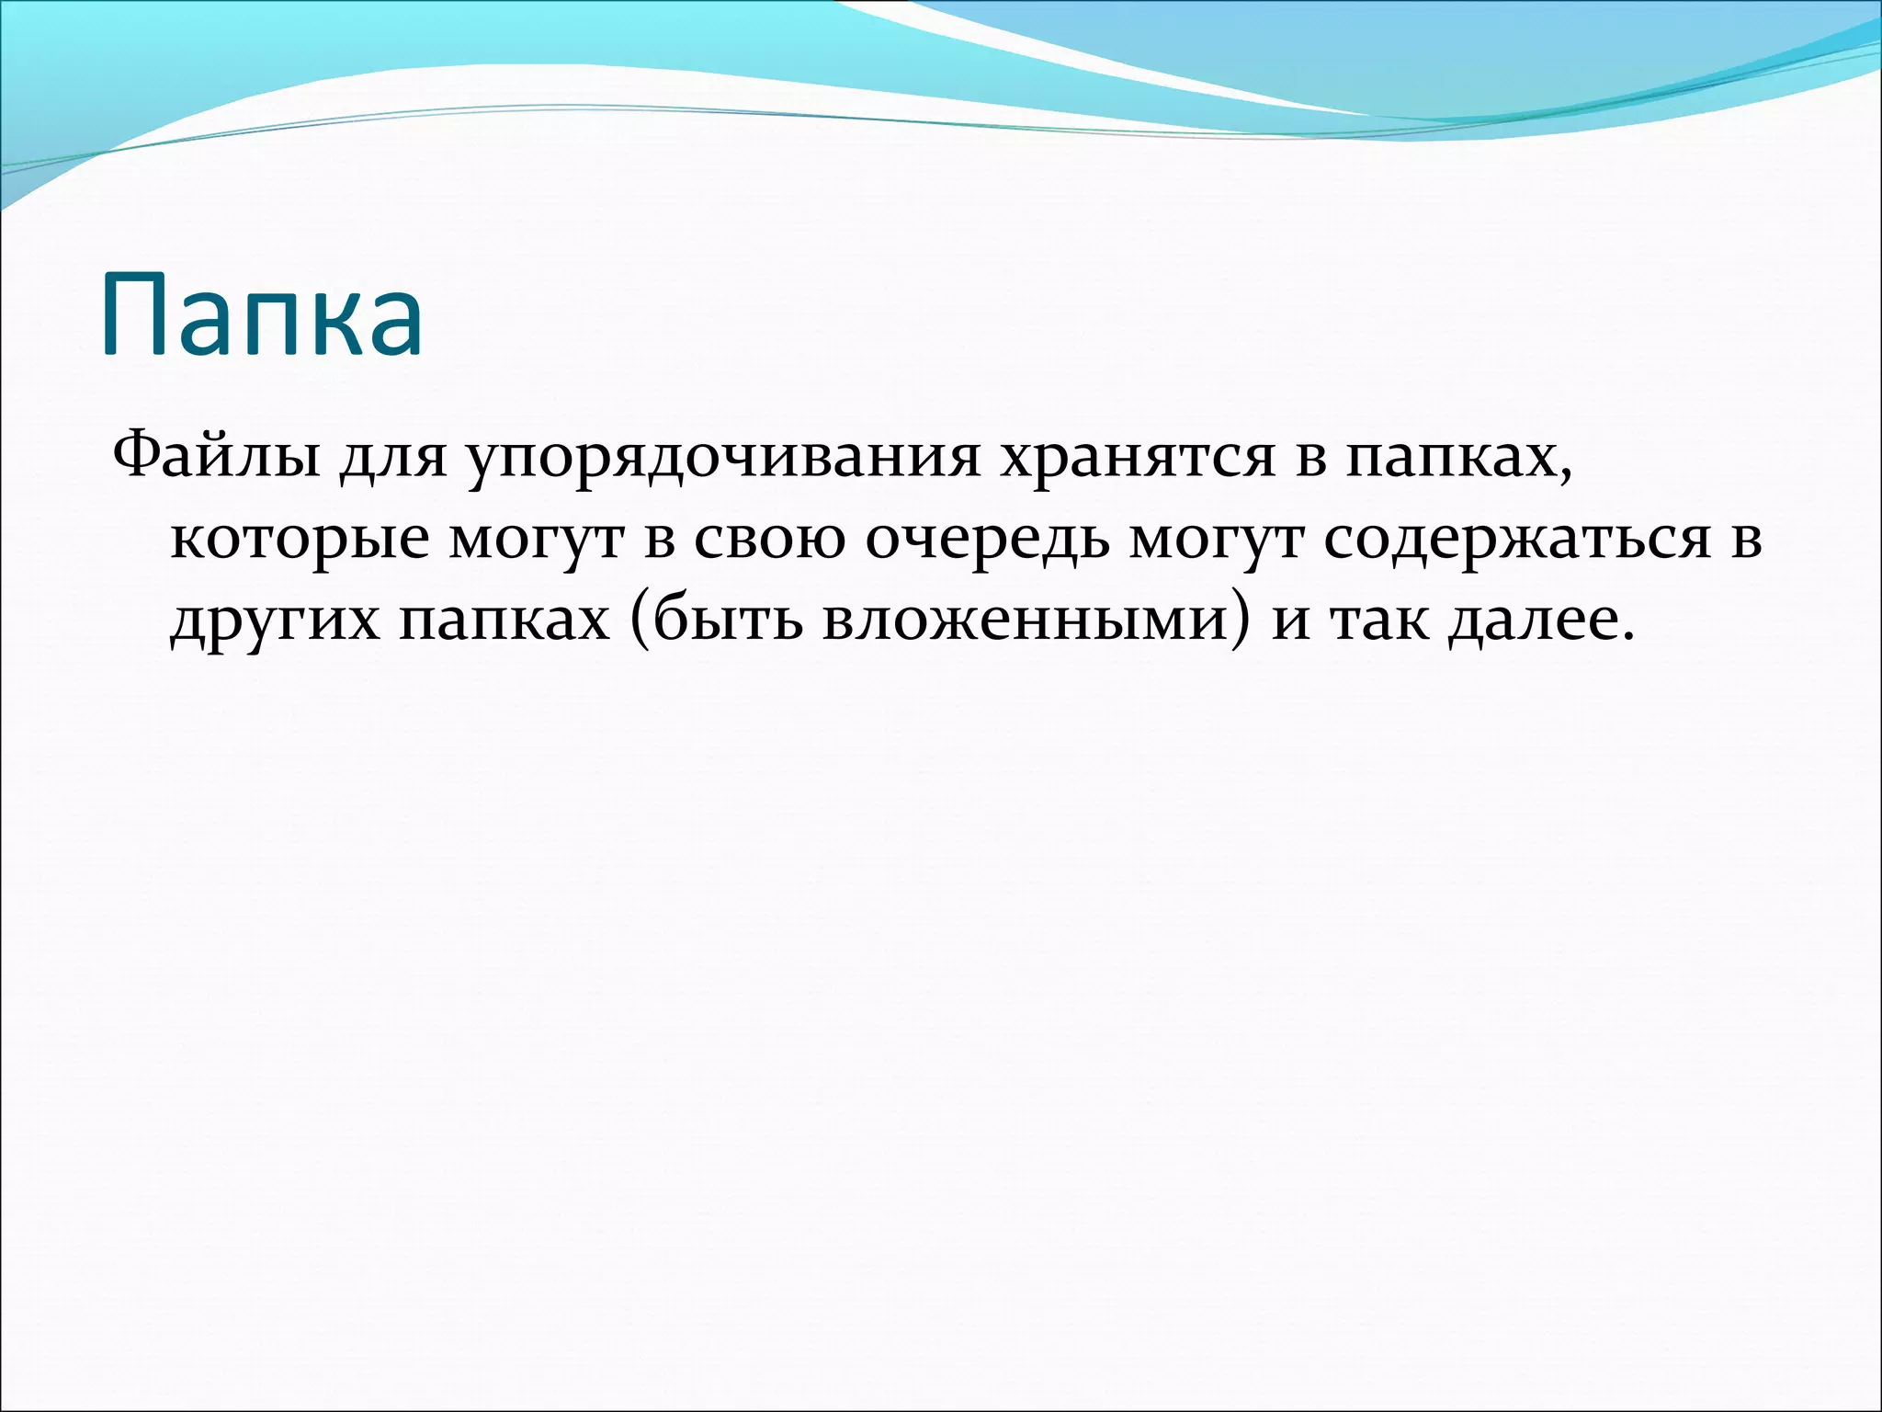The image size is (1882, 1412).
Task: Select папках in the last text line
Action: point(505,622)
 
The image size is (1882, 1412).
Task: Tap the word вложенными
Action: point(1024,621)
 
